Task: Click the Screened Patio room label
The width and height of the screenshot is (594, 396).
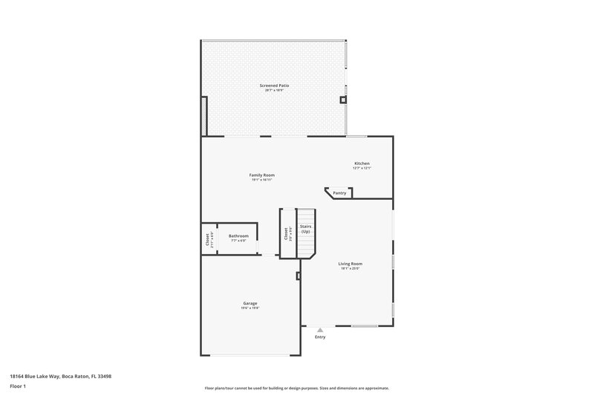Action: [274, 85]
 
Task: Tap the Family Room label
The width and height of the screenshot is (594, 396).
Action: [261, 175]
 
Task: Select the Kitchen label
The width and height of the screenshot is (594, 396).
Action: [362, 163]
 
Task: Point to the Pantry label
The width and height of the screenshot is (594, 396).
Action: [339, 193]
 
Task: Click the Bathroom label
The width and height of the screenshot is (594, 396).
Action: [238, 236]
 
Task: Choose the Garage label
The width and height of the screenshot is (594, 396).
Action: [250, 303]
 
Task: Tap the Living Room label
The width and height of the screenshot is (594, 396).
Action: [350, 264]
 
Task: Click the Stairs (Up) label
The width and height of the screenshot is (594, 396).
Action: [305, 229]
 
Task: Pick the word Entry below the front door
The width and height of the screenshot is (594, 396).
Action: [320, 337]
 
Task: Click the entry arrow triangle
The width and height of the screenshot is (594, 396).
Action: [320, 329]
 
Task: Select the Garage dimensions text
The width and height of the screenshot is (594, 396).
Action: [250, 308]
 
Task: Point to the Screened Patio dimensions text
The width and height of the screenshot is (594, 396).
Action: [274, 90]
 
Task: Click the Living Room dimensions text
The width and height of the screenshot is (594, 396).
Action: [350, 268]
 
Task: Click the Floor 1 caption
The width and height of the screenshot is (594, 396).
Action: [19, 386]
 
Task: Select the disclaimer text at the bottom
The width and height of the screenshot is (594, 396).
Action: [296, 388]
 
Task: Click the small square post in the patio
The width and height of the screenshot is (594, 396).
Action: [342, 99]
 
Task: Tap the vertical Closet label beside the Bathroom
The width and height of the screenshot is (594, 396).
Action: [208, 240]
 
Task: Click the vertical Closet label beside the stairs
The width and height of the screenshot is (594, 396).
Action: [286, 233]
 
